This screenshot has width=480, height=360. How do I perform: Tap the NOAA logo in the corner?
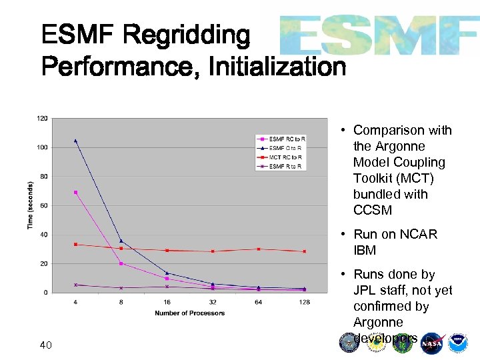(x=458, y=343)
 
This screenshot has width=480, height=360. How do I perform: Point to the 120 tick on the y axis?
(x=42, y=118)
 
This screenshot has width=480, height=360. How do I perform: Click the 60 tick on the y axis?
(x=43, y=205)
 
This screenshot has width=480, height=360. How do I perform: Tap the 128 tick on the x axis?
(x=304, y=302)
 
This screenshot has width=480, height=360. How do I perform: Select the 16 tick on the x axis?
(x=167, y=302)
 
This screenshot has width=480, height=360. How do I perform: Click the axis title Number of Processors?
(x=189, y=313)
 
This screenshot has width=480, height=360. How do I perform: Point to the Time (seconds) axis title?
(x=31, y=205)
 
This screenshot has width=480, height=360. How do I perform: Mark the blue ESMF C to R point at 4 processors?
(x=75, y=141)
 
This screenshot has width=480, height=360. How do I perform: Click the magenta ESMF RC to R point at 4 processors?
(x=75, y=192)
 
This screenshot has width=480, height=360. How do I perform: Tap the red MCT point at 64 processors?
(x=259, y=249)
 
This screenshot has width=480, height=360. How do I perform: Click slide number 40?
(x=46, y=345)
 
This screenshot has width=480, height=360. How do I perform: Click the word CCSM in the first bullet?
(x=373, y=210)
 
